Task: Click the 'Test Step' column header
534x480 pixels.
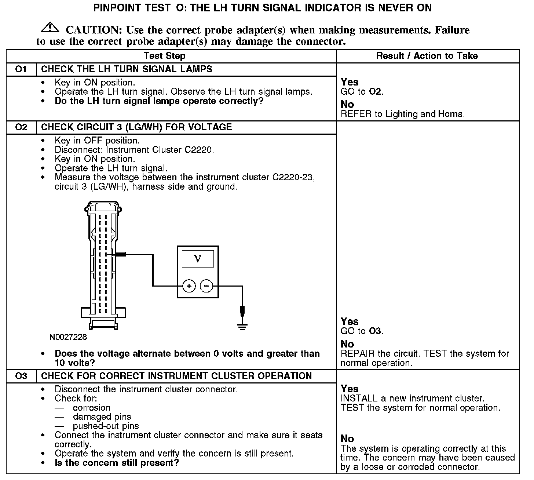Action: click(x=165, y=56)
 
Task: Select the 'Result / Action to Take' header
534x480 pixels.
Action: click(x=427, y=56)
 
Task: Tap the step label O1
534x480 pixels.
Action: click(x=21, y=69)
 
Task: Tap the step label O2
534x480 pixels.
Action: click(x=21, y=127)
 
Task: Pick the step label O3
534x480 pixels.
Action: click(x=21, y=376)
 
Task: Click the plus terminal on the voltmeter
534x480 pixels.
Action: click(x=189, y=286)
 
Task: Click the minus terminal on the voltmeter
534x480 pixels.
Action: click(x=206, y=286)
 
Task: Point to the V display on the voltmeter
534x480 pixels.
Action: click(x=198, y=259)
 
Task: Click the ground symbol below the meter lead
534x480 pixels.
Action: click(x=242, y=326)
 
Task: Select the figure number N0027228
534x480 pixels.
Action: click(x=68, y=337)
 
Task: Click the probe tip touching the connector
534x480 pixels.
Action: click(x=121, y=254)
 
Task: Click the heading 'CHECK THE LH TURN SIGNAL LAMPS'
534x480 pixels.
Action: click(x=127, y=69)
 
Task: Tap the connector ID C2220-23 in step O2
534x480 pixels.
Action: click(x=293, y=177)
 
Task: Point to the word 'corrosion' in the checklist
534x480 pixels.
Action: click(x=91, y=408)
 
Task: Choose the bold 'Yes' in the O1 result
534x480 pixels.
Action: click(x=350, y=82)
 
